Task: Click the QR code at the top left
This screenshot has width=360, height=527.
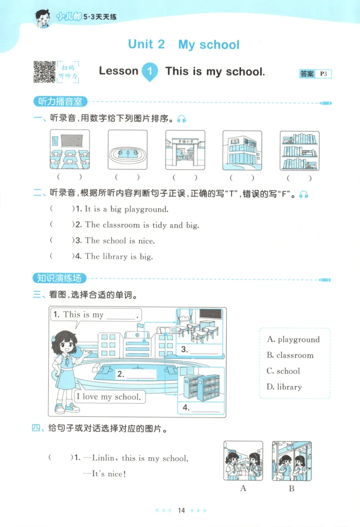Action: (x=44, y=72)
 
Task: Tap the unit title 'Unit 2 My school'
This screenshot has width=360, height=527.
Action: (x=184, y=45)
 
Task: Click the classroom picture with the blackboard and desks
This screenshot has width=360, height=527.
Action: (x=69, y=149)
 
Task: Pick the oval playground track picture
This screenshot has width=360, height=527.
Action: (x=127, y=149)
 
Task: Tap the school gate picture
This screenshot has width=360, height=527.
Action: (x=184, y=149)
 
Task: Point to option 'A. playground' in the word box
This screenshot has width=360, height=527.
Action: (x=293, y=339)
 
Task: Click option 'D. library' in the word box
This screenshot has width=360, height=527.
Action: (x=284, y=387)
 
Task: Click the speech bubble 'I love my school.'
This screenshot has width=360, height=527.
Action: (x=108, y=396)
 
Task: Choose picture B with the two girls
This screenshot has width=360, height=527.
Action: (x=291, y=461)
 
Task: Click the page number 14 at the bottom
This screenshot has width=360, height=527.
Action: (x=181, y=510)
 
